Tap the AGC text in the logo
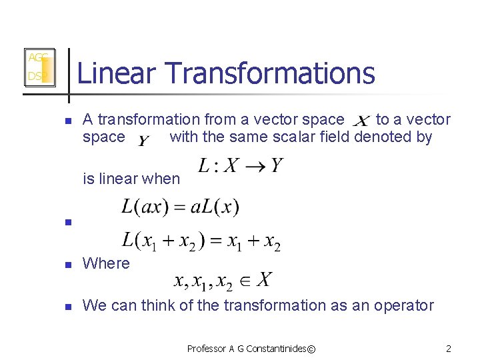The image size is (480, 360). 37,58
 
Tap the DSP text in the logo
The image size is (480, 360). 35,77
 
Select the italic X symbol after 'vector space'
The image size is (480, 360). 361,122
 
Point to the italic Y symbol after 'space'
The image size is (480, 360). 144,140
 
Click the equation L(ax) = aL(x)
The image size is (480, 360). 180,207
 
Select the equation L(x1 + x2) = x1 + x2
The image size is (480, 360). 201,241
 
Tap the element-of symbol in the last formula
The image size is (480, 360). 245,280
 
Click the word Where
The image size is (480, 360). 106,263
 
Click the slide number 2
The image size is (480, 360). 449,349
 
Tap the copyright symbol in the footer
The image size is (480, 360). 311,349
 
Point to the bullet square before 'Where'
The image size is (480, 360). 67,265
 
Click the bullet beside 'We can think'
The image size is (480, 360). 67,307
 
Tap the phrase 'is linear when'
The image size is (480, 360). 131,179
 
